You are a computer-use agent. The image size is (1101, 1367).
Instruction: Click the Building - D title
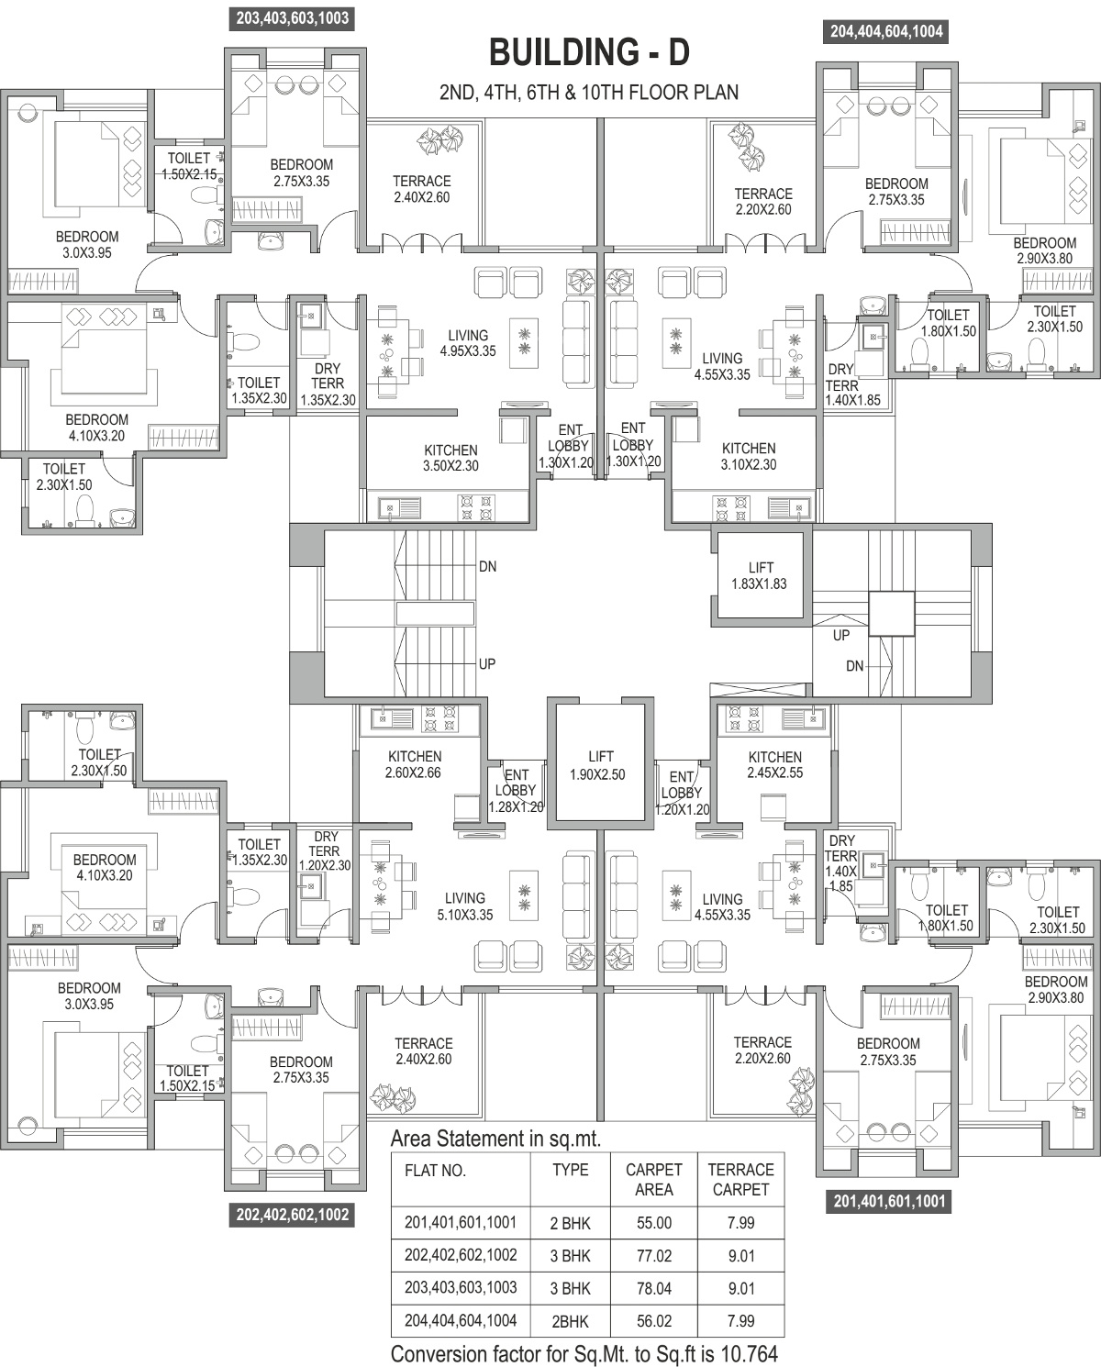click(x=589, y=52)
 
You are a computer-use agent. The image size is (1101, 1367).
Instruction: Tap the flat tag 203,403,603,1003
click(x=293, y=17)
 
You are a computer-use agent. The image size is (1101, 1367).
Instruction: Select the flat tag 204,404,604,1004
click(x=887, y=31)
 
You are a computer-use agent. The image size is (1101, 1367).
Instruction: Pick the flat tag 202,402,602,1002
click(x=293, y=1215)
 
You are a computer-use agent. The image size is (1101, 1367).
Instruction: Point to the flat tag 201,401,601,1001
click(x=888, y=1201)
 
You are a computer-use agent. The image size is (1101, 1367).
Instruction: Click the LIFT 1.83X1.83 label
click(x=759, y=575)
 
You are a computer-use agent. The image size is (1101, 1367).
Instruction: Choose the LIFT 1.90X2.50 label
click(x=597, y=765)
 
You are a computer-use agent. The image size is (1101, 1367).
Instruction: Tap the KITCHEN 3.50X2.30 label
click(x=450, y=458)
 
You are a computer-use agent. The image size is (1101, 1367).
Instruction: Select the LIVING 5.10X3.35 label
click(x=465, y=906)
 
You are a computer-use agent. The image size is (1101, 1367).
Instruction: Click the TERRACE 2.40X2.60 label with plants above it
click(x=421, y=189)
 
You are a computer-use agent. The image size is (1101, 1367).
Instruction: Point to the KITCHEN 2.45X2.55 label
click(x=775, y=765)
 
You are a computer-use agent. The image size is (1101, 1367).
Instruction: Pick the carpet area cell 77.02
click(x=654, y=1256)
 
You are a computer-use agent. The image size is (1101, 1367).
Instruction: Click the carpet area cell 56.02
click(x=654, y=1321)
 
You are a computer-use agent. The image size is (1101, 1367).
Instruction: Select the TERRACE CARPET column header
click(x=740, y=1180)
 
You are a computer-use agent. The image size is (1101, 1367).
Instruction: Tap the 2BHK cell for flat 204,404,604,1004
click(x=570, y=1321)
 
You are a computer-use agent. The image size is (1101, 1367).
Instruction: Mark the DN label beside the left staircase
click(x=488, y=566)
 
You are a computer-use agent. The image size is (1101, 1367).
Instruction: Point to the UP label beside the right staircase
click(x=841, y=635)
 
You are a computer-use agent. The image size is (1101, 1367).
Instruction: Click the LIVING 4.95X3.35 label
click(x=468, y=343)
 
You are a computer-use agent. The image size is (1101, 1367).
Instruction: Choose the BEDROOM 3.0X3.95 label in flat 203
click(x=87, y=245)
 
